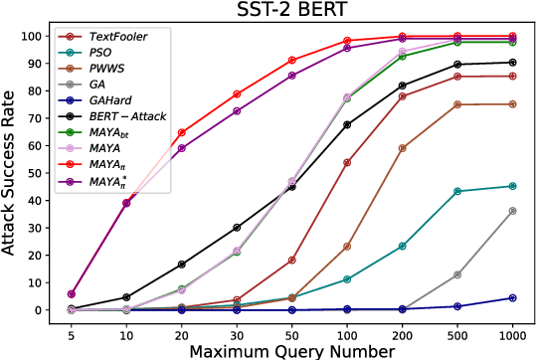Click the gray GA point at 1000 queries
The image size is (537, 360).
[512, 211]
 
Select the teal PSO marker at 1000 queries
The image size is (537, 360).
[512, 186]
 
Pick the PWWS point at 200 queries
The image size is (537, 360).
[402, 148]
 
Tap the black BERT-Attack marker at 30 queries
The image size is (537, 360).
[236, 228]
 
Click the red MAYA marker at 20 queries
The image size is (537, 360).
[180, 132]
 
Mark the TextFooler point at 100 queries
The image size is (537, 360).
[346, 162]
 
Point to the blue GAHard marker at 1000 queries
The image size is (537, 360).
[512, 297]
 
